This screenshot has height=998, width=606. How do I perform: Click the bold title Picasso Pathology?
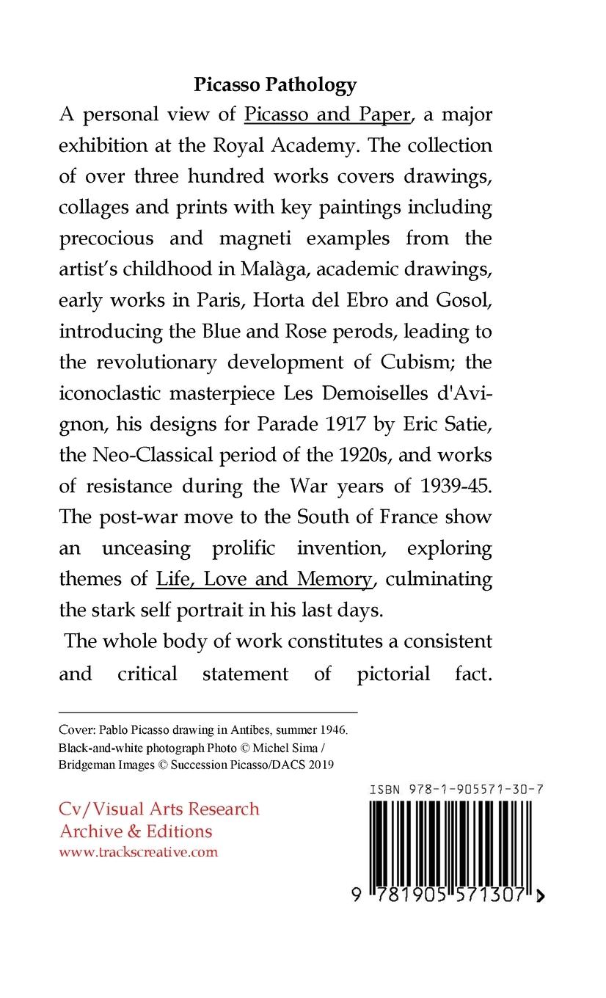pos(275,85)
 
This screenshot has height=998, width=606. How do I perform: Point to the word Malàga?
pos(264,270)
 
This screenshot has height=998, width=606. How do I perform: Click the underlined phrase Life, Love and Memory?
pos(264,579)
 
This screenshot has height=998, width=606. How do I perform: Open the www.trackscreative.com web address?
pos(138,852)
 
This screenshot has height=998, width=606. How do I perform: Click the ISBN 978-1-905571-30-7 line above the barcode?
pos(456,790)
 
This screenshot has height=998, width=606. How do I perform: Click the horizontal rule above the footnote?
pos(208,712)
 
